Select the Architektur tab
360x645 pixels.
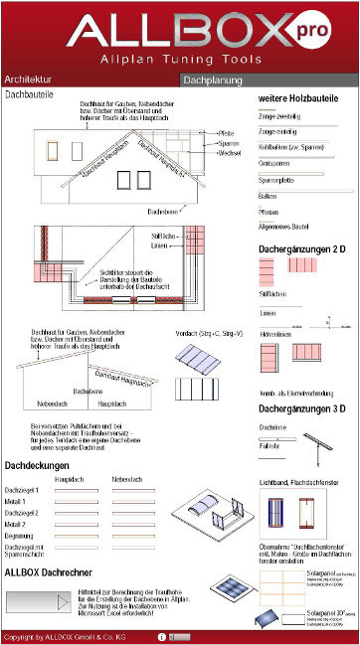(29, 78)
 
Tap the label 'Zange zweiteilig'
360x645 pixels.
(279, 117)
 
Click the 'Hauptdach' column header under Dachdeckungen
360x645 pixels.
(69, 479)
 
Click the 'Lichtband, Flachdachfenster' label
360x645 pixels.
(300, 481)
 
